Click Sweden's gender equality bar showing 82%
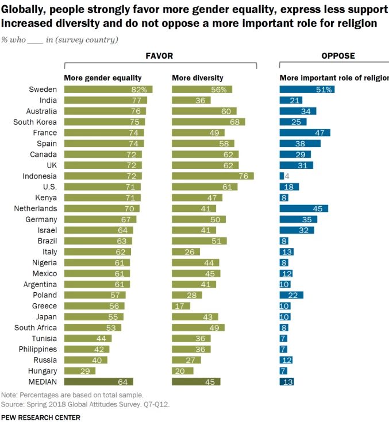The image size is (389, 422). [x=109, y=90]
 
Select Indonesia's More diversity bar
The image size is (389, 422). [x=213, y=176]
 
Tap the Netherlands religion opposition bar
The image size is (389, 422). [x=303, y=208]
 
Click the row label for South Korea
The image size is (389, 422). [x=35, y=122]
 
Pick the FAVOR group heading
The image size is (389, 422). [x=160, y=56]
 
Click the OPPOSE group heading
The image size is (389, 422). [x=337, y=56]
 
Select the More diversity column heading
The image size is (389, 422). [x=198, y=78]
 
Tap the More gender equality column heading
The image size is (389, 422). [x=103, y=78]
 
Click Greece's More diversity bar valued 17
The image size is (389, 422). [x=181, y=306]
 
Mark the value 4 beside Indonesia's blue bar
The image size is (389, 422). [x=287, y=176]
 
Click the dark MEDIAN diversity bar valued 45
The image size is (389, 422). [x=196, y=382]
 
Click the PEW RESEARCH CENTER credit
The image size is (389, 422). [x=40, y=417]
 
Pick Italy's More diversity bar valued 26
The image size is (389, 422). [x=186, y=251]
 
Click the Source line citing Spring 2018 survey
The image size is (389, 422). [x=86, y=404]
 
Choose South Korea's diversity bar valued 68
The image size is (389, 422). [x=209, y=122]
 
